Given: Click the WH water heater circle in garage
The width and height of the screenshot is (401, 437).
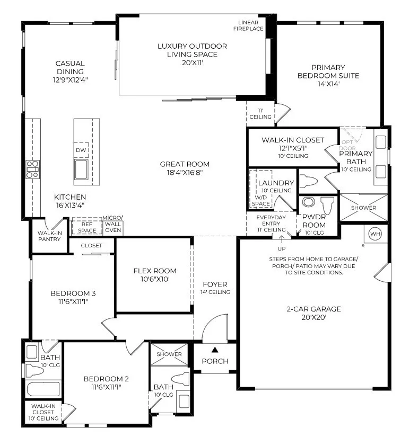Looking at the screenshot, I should coord(375,234).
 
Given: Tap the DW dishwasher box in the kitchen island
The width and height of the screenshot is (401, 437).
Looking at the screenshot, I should coord(81,150).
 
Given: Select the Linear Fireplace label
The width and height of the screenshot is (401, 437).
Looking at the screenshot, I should coord(251,25).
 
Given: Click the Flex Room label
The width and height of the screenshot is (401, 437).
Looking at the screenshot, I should coord(154,271).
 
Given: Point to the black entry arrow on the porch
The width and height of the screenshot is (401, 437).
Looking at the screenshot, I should coord(215,349).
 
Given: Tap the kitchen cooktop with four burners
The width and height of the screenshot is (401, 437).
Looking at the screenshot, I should coord(32,169).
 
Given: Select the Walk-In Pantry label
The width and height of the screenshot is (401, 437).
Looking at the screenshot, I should coord(49,236).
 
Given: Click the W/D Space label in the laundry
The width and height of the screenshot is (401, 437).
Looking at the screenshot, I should coord(260,200).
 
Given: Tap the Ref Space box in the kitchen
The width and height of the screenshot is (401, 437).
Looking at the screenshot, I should coord(87,227).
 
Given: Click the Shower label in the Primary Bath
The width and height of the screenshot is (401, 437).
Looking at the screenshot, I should coord(363,208).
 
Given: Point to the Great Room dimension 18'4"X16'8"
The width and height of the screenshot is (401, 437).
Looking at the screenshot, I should coord(185,172).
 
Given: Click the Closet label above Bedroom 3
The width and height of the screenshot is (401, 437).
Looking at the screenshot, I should coord(91,246).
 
